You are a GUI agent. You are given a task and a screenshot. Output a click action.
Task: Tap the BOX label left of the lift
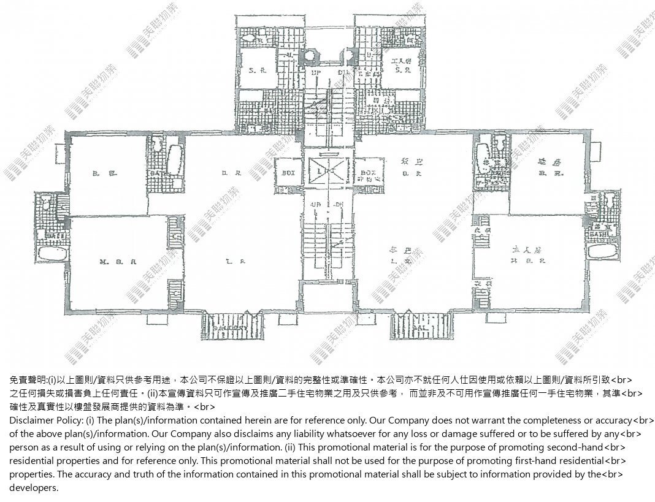coord(288,173)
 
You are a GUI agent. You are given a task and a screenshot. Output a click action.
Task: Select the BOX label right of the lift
coord(368,173)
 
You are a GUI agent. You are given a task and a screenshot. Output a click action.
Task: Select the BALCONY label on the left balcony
coord(230,328)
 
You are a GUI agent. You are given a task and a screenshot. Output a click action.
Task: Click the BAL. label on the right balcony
coord(419,328)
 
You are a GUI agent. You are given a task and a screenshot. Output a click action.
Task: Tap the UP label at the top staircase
coord(316,73)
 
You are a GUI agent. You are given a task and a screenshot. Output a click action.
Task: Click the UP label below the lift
coord(316,203)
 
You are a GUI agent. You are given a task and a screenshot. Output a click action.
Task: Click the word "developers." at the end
coord(34,487)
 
